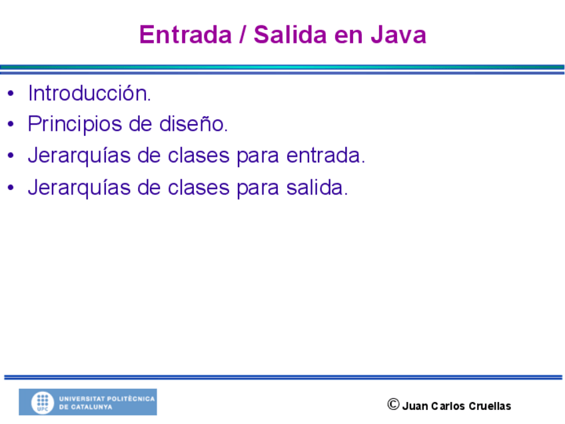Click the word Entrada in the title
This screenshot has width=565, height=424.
(185, 35)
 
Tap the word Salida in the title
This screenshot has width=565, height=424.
(290, 35)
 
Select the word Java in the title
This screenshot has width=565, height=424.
(398, 35)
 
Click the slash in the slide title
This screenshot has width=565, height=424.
(243, 35)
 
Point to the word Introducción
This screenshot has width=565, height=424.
(89, 93)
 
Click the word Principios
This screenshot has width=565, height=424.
(75, 125)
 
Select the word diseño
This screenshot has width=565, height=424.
(193, 124)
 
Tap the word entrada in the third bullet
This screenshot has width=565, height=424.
(326, 155)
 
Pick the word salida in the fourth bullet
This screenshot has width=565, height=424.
(317, 187)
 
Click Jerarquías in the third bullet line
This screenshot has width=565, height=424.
(79, 156)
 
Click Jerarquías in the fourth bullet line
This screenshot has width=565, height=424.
(79, 188)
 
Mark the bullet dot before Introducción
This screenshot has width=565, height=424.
(11, 93)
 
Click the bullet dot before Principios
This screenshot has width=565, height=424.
(11, 124)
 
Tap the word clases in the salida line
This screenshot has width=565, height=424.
(199, 187)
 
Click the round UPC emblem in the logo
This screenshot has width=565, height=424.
(43, 403)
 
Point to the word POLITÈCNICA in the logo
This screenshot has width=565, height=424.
(131, 399)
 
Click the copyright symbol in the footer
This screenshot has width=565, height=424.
(394, 405)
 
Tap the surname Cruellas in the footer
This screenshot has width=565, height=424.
(490, 406)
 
